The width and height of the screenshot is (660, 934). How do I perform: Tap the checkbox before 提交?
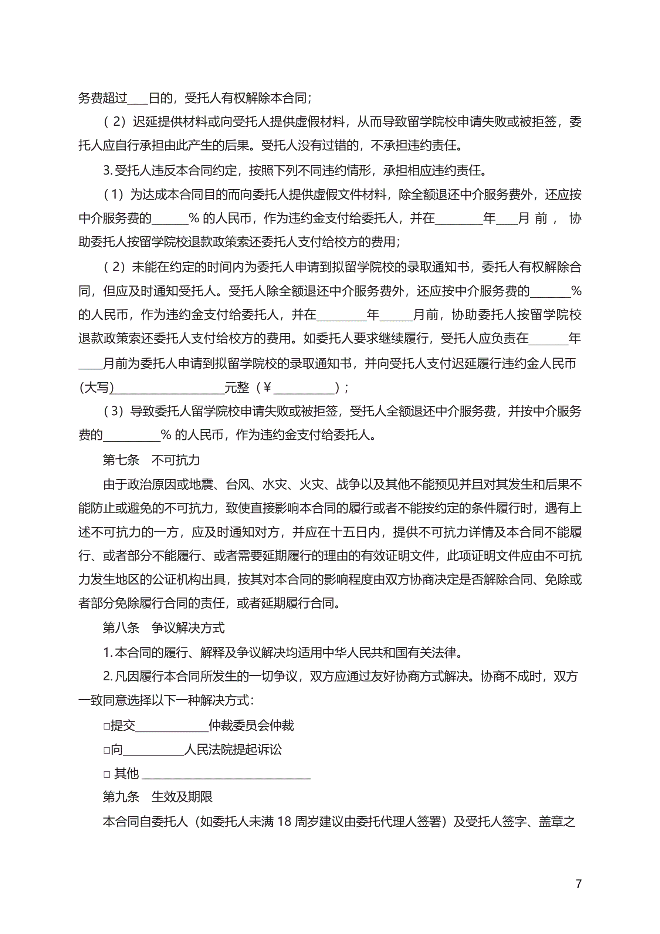106,726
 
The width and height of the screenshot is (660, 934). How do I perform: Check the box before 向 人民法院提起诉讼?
106,750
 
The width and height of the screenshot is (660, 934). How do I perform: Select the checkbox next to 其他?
106,774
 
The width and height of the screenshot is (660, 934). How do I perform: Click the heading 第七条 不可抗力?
151,460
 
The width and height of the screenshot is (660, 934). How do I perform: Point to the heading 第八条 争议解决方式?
163,628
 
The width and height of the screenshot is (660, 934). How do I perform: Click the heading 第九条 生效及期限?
157,796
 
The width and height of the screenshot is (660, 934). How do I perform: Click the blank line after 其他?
226,774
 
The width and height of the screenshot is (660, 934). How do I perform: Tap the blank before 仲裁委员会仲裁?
172,726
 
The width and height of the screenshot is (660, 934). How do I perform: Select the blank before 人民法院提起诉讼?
153,750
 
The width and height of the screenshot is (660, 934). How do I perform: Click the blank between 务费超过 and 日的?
138,98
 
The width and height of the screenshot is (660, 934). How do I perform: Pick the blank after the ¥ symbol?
304,388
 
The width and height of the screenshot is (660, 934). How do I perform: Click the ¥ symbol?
267,388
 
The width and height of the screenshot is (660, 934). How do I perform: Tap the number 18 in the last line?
284,821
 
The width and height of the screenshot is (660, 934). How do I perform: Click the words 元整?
237,388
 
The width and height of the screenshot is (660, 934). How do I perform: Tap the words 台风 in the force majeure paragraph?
238,484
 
